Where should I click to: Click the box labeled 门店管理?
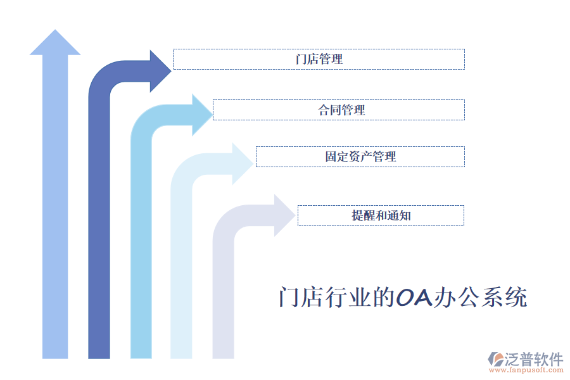click(319, 59)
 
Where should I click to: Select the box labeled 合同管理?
click(339, 110)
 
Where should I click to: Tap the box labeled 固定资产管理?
click(360, 156)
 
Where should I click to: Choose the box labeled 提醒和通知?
click(381, 215)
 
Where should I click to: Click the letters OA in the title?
click(414, 297)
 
